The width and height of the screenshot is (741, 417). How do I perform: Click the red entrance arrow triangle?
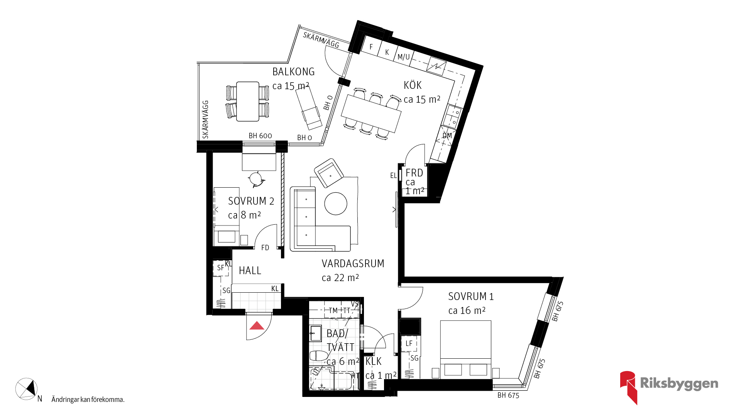(257, 326)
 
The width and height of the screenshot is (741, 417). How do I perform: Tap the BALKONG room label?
(293, 72)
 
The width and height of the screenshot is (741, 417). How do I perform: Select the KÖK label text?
(413, 85)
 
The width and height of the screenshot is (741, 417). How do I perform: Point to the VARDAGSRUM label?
(353, 264)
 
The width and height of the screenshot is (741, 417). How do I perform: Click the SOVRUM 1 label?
(471, 297)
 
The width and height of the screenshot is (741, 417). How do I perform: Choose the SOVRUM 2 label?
(251, 201)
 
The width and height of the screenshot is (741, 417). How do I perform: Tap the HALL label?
(250, 271)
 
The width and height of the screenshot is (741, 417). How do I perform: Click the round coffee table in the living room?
(336, 203)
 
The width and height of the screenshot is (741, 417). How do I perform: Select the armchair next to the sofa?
(329, 173)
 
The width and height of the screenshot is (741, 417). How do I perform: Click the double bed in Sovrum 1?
(466, 349)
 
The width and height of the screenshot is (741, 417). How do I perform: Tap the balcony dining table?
(248, 102)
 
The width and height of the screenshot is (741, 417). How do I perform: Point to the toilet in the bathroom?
(319, 356)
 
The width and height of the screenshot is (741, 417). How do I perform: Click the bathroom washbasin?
(316, 333)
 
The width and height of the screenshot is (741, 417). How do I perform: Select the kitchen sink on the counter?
(452, 116)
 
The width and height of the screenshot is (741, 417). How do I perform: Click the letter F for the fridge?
(371, 47)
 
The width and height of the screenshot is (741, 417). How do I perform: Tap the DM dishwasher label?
(447, 136)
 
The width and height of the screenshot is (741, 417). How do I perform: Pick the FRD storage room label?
(414, 173)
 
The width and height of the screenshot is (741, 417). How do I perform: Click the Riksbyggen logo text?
(679, 383)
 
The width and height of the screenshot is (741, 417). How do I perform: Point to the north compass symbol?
(27, 389)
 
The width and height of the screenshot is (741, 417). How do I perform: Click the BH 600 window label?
(260, 136)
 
